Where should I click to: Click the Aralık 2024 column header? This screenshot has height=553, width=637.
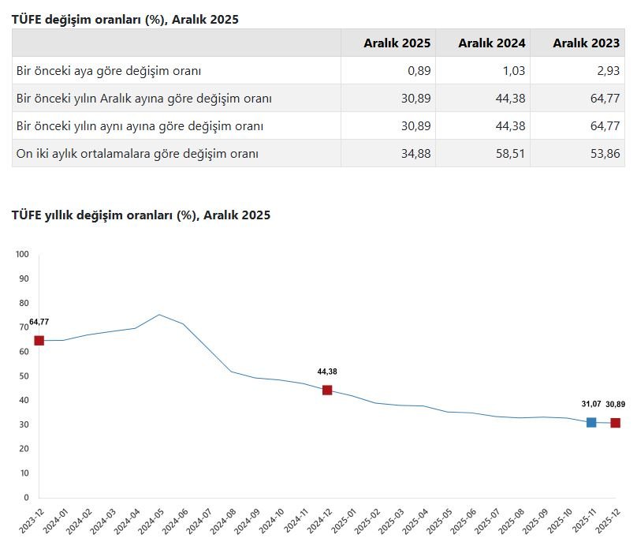(x=491, y=43)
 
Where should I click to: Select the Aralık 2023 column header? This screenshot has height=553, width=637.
(x=586, y=43)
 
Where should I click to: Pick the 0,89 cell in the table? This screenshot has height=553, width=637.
(x=419, y=71)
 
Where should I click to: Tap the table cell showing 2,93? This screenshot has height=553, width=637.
(x=607, y=71)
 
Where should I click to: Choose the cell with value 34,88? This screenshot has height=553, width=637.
(x=416, y=154)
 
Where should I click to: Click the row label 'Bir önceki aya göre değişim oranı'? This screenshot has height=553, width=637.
(x=109, y=71)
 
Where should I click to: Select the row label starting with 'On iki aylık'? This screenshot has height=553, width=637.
(x=137, y=154)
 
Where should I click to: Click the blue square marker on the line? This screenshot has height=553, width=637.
(x=591, y=423)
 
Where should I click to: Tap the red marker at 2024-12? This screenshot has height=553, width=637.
(x=327, y=390)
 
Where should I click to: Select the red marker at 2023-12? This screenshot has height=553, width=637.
(x=39, y=341)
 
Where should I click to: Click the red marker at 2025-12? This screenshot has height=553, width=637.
(x=616, y=423)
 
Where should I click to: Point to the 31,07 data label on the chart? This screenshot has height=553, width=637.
(x=591, y=404)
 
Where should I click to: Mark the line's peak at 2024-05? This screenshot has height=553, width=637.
(x=159, y=315)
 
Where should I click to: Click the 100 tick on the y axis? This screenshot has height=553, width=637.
(x=22, y=254)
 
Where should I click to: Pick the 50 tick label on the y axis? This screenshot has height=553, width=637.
(x=23, y=376)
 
